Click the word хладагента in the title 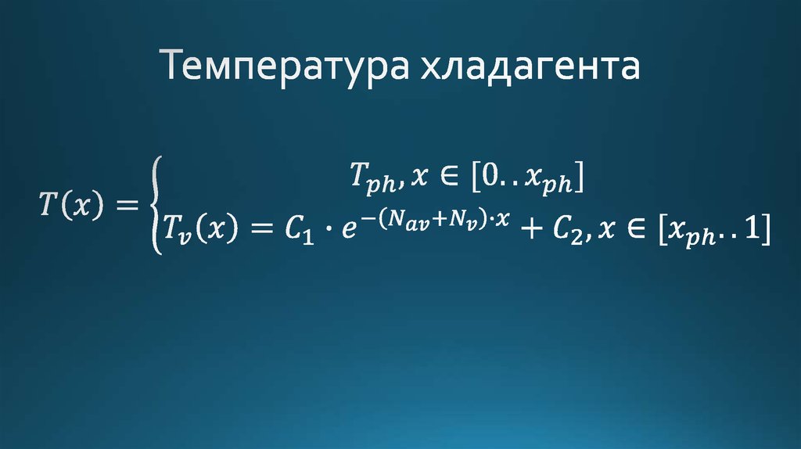(x=530, y=68)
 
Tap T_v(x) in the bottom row (x=200, y=231)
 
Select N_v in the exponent (x=462, y=221)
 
